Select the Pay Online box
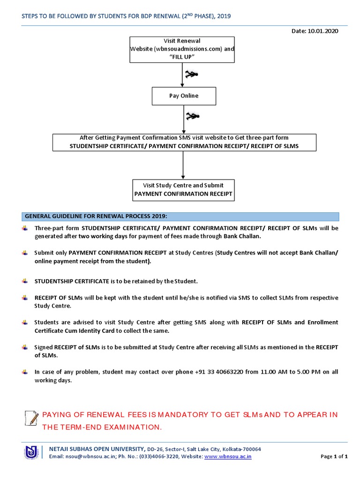click(183, 96)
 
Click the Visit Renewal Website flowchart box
click(182, 49)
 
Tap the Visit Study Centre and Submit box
click(183, 189)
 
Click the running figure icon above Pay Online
click(191, 74)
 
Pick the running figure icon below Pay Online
click(192, 116)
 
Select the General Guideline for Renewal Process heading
click(96, 216)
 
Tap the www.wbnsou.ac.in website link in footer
click(228, 456)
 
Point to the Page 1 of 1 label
click(334, 456)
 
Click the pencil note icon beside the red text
click(31, 417)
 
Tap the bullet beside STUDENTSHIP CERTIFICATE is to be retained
click(25, 281)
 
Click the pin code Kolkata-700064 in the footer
click(242, 449)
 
